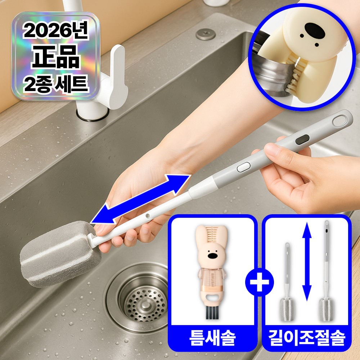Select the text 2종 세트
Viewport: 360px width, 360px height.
[56, 84]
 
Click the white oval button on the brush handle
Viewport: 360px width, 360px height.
[244, 166]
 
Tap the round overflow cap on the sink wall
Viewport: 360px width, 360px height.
[206, 34]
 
